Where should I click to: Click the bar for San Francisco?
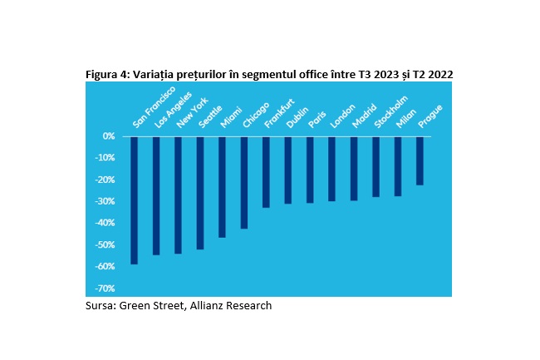pos(134,200)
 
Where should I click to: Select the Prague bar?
pos(420,161)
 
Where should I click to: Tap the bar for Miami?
pos(222,187)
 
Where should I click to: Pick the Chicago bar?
pos(244,183)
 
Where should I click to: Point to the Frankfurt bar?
pos(266,172)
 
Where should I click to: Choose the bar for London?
pos(331,169)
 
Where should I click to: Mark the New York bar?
pos(178,195)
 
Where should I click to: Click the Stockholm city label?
pos(391,112)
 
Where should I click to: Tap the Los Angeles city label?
pos(173,111)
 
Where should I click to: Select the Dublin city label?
pos(297,117)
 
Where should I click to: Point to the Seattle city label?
pos(210,117)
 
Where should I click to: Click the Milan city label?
pos(406,119)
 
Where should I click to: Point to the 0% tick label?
pos(109,136)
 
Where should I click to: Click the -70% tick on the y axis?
pos(105,288)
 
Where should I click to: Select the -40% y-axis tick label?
pos(105,223)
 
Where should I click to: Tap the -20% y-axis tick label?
pos(105,180)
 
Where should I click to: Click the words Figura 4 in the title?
pos(107,75)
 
